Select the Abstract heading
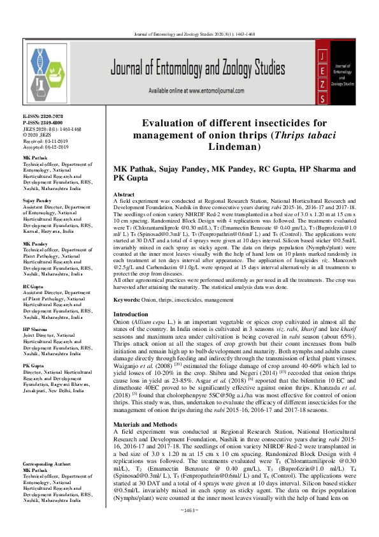point(124,193)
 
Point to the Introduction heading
point(130,314)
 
